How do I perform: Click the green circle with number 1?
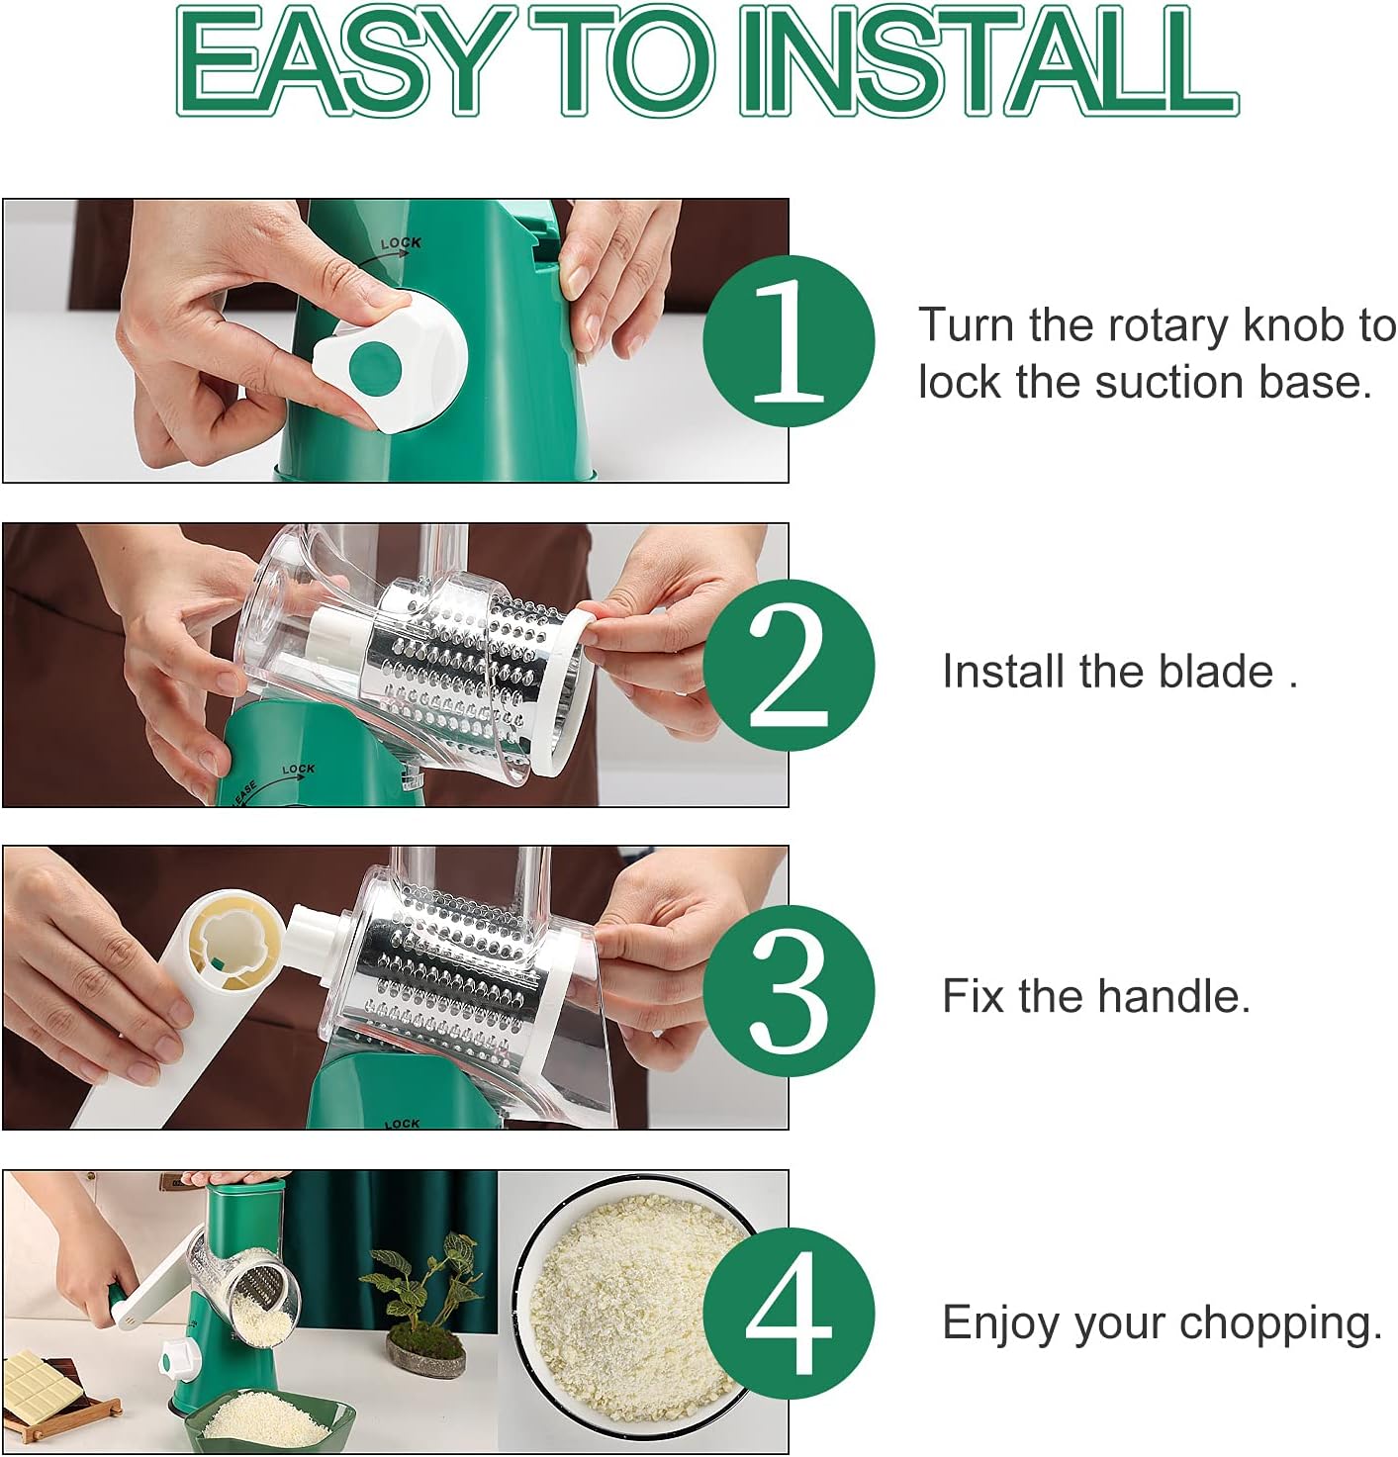coord(789,340)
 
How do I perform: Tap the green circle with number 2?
coord(789,666)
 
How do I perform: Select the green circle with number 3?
coord(789,990)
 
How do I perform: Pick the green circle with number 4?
coord(789,1314)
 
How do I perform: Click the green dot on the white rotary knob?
coord(375,366)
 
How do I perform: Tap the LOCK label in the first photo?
coord(401,242)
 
